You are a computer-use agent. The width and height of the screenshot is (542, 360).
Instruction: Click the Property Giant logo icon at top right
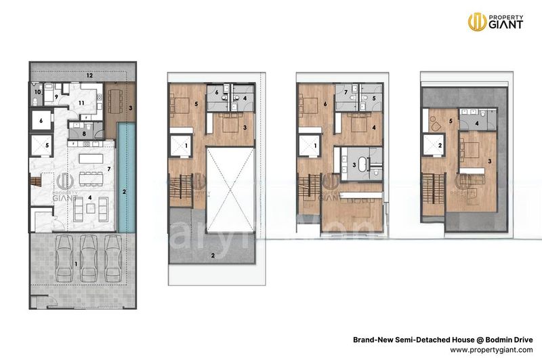pos(476,21)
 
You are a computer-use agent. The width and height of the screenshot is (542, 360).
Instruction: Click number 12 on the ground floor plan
pos(89,75)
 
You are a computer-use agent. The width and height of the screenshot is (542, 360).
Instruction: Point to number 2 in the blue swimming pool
pos(125,192)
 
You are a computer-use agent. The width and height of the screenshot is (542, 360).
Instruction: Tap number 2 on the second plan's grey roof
pos(213,255)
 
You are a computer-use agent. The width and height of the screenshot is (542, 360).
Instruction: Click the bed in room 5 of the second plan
pos(182,106)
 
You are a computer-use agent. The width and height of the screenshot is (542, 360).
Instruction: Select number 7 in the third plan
pos(346,92)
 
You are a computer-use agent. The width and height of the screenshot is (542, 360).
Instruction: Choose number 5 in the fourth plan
pos(451,122)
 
